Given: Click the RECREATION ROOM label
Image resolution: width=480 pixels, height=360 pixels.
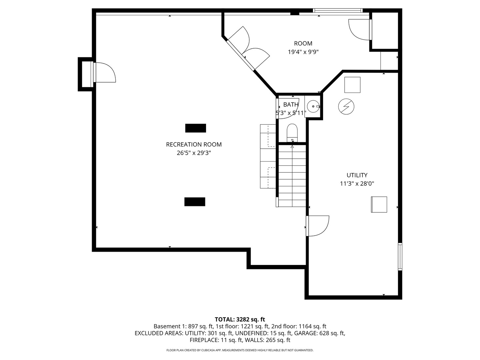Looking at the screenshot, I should click(194, 144).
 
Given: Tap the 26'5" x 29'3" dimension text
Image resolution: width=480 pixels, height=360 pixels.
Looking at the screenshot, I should click(194, 153).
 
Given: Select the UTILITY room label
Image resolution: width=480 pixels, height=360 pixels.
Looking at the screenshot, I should click(357, 175).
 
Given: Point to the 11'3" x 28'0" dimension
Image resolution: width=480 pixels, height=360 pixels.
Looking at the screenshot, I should click(357, 183).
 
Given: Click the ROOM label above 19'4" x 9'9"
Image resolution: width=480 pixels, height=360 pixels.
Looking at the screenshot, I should click(303, 43).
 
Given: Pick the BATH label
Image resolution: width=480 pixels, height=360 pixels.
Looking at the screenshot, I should click(291, 105).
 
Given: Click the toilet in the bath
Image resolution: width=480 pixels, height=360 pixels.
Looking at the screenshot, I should click(292, 132).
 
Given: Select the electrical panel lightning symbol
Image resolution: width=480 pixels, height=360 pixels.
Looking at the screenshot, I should click(346, 107).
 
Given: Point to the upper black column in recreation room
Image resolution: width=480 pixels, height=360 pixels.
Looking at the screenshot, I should click(195, 128).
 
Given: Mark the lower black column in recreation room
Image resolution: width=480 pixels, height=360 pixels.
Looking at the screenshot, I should click(195, 202).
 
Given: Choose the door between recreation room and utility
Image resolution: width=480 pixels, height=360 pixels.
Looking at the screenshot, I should click(318, 226).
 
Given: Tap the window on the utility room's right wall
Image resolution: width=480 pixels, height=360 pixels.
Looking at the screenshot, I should click(400, 256).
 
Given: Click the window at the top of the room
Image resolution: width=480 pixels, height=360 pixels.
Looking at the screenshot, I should click(338, 11).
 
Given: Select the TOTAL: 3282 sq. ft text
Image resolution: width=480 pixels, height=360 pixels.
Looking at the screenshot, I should click(240, 319).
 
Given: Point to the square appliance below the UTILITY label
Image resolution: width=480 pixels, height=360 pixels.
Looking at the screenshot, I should click(379, 204).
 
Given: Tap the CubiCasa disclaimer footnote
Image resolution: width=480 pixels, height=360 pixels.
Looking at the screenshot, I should click(240, 350).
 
